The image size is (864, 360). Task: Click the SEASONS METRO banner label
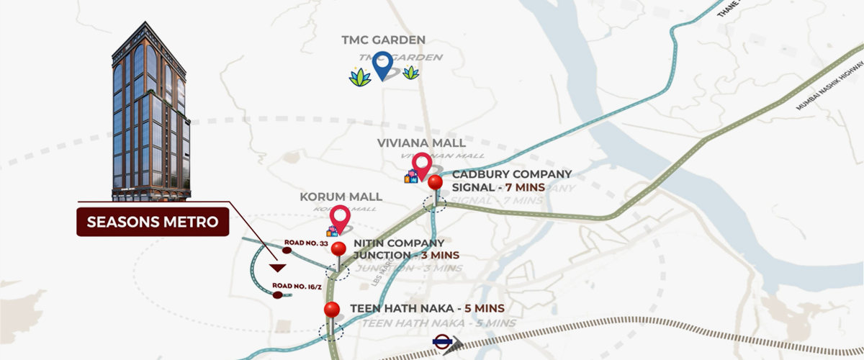coord(153,222)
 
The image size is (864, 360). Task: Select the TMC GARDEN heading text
coord(384,40)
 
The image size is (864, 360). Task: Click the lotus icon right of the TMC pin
coord(411,72)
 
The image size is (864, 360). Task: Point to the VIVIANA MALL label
coord(421,143)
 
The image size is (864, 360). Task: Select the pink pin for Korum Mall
coord(338,218)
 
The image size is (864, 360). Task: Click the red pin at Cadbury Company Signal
coord(434,184)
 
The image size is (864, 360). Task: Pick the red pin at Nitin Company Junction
coord(338,251)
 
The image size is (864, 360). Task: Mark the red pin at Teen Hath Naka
coord(332,310)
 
